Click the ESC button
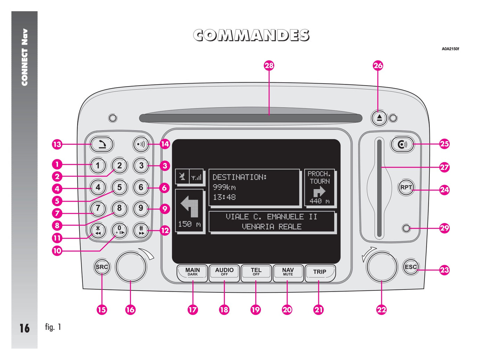(x=411, y=267)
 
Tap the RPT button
(x=406, y=187)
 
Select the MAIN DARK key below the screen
(x=192, y=272)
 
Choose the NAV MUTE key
(x=288, y=272)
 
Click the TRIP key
(x=320, y=272)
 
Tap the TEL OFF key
(x=256, y=272)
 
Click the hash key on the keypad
(x=141, y=230)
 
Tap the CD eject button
(x=379, y=118)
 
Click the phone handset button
(x=101, y=144)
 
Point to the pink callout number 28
(x=269, y=66)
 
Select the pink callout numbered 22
(x=381, y=310)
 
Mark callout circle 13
(x=57, y=144)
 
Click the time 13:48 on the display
(x=224, y=197)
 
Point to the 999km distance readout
(x=224, y=187)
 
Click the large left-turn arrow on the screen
(x=190, y=208)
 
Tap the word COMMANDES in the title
(x=251, y=35)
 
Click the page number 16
(x=24, y=328)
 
